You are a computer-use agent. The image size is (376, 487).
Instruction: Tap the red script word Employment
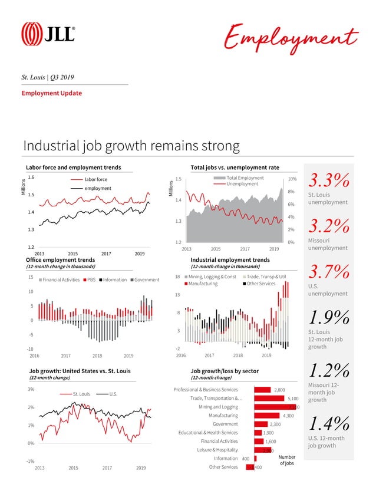tap(292, 39)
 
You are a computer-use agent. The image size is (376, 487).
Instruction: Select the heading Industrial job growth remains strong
tap(131, 146)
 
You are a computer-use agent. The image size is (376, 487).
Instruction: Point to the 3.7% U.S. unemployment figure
tap(329, 272)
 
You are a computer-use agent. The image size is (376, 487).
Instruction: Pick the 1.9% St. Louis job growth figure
tap(329, 318)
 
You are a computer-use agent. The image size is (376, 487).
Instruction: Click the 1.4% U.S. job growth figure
tap(329, 423)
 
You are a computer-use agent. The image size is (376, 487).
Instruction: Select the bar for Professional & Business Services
tap(263, 390)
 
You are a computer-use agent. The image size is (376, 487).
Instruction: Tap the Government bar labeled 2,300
tap(260, 424)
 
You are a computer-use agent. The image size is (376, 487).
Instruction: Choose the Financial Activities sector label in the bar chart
tap(219, 441)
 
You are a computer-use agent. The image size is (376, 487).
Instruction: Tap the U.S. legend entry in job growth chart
tap(110, 393)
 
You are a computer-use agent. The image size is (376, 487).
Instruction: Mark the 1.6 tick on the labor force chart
tap(31, 176)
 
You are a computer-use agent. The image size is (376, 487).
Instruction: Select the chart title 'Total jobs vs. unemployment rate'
tap(235, 167)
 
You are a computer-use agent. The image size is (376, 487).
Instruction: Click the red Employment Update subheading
tap(52, 93)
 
